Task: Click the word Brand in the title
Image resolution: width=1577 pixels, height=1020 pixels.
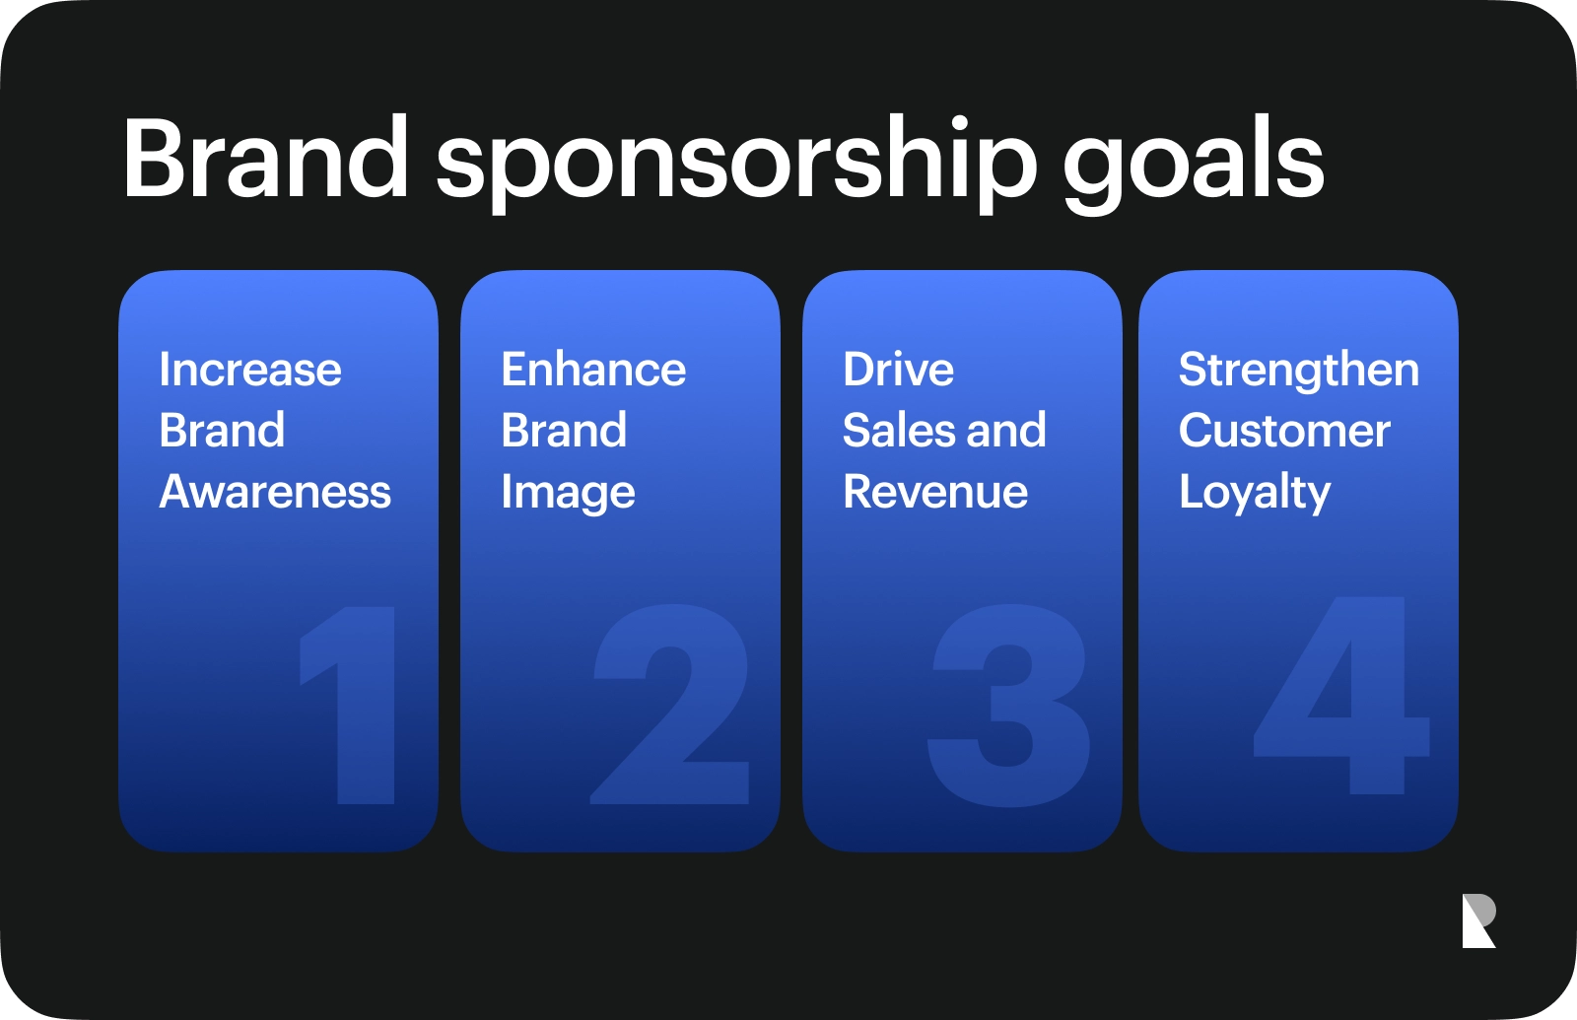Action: (265, 156)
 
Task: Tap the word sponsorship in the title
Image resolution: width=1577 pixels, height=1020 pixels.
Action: (735, 164)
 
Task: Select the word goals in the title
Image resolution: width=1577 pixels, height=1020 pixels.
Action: (1194, 164)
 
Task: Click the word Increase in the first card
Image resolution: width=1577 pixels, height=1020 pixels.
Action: (250, 369)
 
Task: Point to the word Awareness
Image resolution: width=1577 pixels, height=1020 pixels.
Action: (275, 491)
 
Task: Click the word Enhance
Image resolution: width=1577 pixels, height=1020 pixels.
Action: (592, 369)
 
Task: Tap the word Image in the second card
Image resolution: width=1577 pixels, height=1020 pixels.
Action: (568, 492)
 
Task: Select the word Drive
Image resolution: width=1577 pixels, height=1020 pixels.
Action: (898, 369)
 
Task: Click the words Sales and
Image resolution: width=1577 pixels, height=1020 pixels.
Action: (944, 430)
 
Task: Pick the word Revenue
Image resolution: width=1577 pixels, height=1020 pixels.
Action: (935, 491)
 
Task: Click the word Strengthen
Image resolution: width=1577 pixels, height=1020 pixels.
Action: (1299, 371)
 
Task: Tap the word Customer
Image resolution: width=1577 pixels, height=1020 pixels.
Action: (1284, 430)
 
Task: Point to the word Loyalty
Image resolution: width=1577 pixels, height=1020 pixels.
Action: (1255, 492)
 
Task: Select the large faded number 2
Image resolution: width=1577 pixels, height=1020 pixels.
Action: (670, 704)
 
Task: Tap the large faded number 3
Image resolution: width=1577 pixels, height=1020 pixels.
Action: (1008, 704)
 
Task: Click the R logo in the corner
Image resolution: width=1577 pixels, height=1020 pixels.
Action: (1477, 920)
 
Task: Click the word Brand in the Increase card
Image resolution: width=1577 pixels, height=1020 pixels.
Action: (222, 430)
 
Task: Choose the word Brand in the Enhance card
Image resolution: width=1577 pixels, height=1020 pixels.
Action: (564, 430)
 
